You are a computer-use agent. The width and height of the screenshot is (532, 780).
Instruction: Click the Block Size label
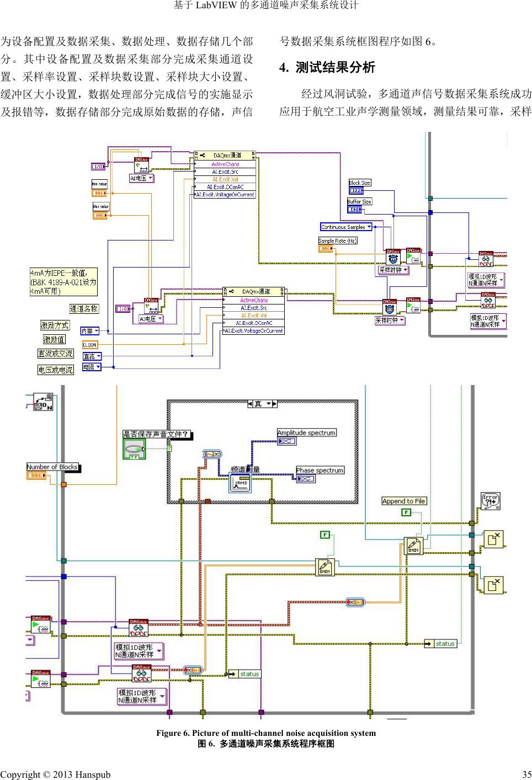[359, 183]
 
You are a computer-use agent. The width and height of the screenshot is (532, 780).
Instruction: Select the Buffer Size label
[359, 201]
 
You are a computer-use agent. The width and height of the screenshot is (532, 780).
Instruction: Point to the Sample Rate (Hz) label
[338, 241]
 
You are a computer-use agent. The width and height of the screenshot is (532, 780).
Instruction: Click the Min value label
[99, 184]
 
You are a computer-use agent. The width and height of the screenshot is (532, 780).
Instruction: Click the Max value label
[100, 206]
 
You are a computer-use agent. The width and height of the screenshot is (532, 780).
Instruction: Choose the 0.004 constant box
[90, 345]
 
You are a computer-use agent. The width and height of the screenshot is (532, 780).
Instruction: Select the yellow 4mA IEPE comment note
[63, 281]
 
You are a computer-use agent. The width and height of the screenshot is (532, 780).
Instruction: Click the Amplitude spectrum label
[306, 433]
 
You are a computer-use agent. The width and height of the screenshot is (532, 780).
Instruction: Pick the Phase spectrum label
[320, 471]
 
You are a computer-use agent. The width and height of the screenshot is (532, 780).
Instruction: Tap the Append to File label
[404, 501]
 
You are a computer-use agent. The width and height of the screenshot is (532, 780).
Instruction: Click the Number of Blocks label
[52, 467]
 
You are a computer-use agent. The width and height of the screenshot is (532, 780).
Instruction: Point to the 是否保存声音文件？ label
[157, 434]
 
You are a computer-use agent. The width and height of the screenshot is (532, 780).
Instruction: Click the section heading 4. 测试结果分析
[327, 68]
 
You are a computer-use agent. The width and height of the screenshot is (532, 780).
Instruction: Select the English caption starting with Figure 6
[266, 733]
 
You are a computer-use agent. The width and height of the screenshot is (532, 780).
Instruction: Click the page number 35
[526, 774]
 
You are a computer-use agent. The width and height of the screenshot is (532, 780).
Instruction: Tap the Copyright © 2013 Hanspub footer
[55, 774]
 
